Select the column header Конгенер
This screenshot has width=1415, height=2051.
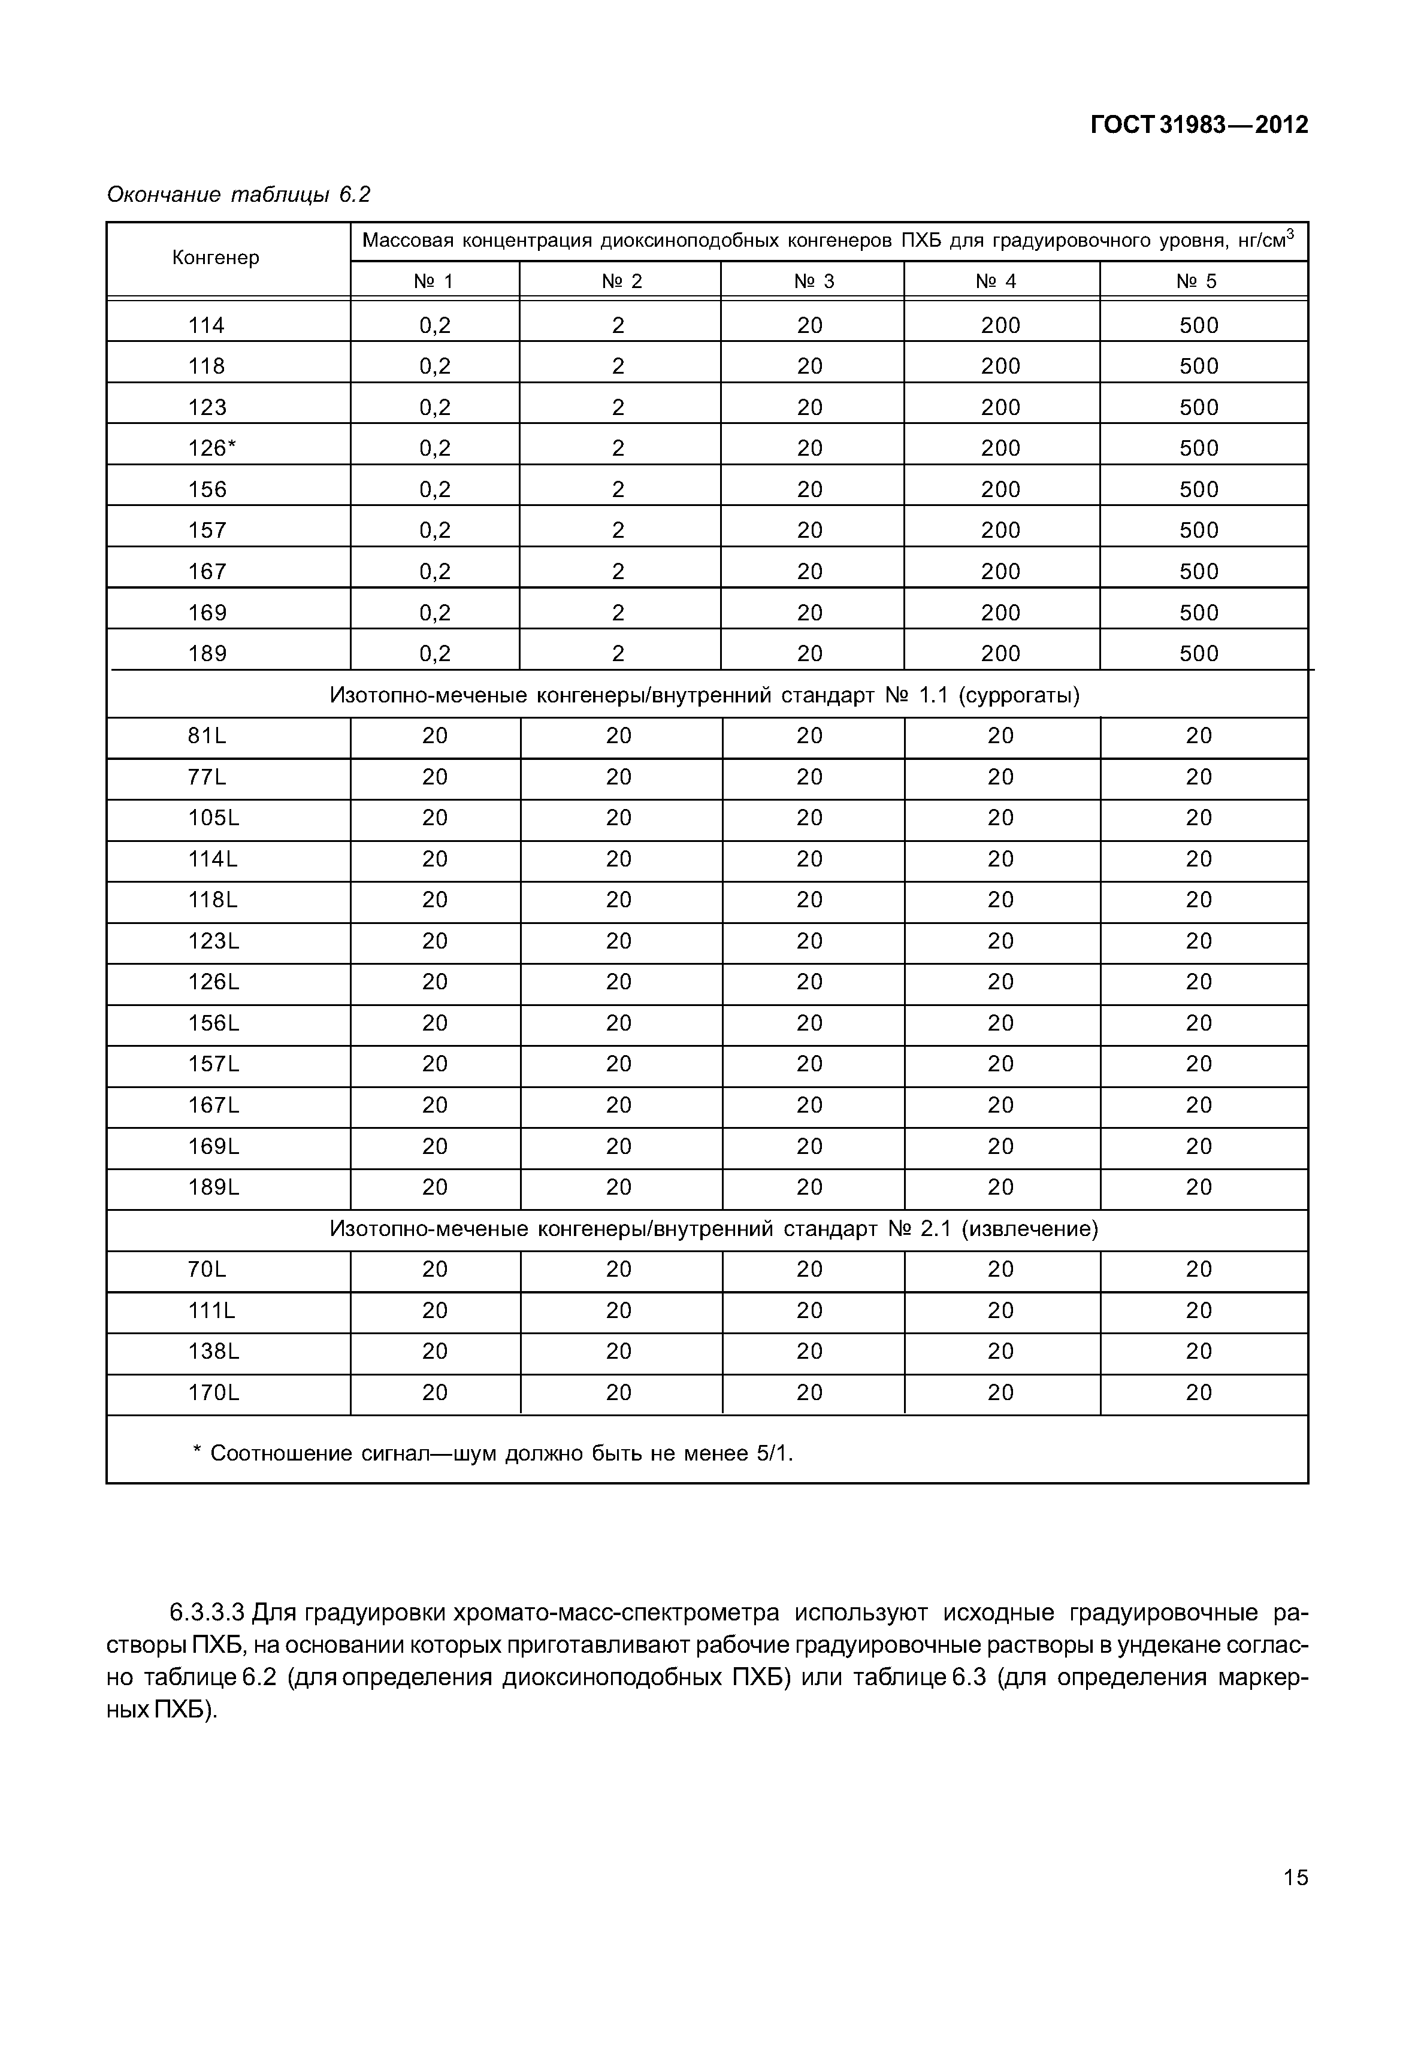point(216,258)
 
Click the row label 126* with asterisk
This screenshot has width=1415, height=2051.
point(212,449)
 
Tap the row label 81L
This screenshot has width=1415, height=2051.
point(207,737)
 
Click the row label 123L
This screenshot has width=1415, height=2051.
point(213,941)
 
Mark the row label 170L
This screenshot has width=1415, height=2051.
point(213,1393)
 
